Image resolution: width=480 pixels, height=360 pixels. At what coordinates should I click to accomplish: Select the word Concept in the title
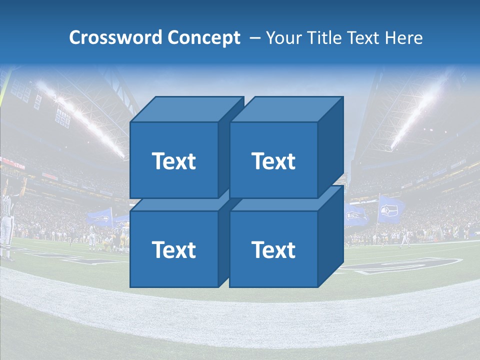pos(204,38)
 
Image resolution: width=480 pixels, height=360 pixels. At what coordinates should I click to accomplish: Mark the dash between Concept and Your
pos(254,38)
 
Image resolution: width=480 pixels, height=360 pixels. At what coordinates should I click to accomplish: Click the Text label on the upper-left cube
pos(173,161)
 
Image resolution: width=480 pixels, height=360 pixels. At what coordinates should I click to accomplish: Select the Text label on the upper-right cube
pos(273,161)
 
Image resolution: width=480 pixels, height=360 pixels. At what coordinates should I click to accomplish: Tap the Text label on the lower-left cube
pos(173,249)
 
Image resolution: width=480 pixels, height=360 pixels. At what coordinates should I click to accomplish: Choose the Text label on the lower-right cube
pos(273,249)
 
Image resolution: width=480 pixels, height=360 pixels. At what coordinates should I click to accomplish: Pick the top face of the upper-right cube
pos(285,109)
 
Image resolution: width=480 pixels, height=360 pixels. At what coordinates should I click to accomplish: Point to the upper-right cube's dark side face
pos(330,150)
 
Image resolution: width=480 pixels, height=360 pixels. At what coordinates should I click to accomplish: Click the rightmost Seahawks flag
pos(389,209)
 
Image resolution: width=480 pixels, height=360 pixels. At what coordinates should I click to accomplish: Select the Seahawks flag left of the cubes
pos(100,216)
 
